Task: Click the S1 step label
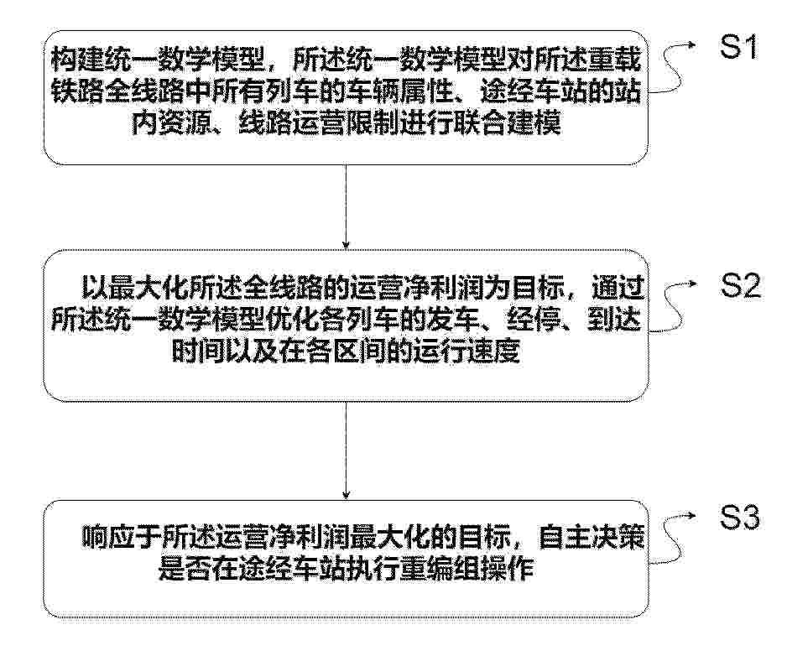click(737, 47)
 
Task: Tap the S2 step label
click(740, 286)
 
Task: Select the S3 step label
click(740, 518)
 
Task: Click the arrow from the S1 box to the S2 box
click(346, 207)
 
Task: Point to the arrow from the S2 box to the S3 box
click(346, 450)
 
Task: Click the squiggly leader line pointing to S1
click(670, 68)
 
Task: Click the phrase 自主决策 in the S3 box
click(591, 538)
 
